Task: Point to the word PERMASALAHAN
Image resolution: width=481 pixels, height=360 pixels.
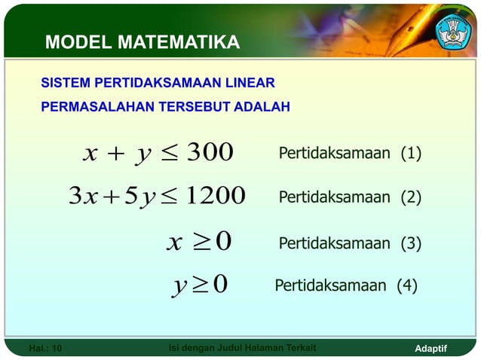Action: pos(97,107)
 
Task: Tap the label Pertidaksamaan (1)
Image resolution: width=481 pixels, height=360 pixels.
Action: pos(350,154)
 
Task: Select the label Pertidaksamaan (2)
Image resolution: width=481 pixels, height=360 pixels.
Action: pos(350,198)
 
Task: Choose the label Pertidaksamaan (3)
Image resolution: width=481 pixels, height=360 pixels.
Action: pos(350,243)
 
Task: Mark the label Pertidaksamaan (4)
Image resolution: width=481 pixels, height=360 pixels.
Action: pos(345,286)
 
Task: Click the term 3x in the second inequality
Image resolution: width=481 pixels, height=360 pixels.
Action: pos(82,197)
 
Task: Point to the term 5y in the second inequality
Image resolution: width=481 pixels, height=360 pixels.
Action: pos(139,197)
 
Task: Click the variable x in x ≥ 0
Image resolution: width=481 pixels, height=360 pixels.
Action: pos(174,243)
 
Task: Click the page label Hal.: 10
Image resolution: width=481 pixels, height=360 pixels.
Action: pos(45,348)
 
